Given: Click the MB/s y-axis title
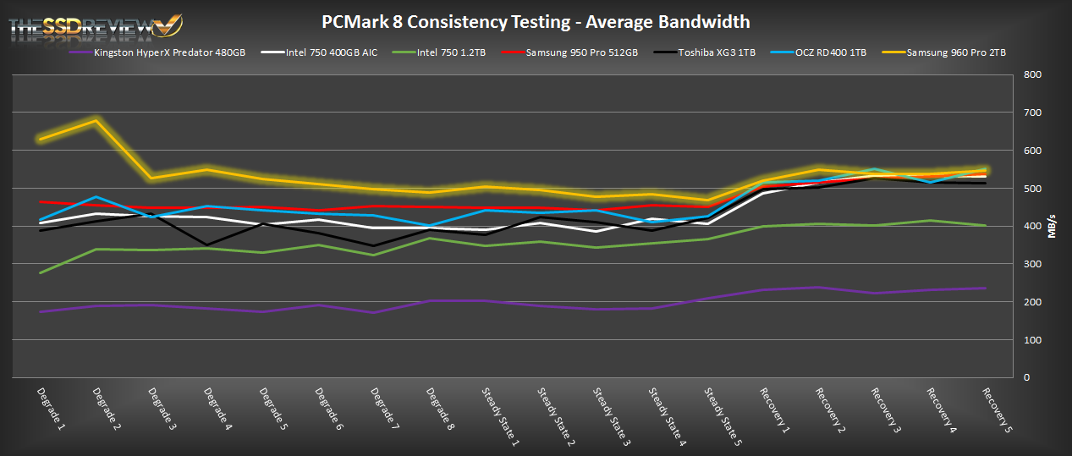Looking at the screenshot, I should coord(1053,226).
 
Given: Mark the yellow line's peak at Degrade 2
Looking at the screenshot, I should coord(96,120).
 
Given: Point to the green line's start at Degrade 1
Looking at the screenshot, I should coord(41,272).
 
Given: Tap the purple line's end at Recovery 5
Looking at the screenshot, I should coord(985,288).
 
